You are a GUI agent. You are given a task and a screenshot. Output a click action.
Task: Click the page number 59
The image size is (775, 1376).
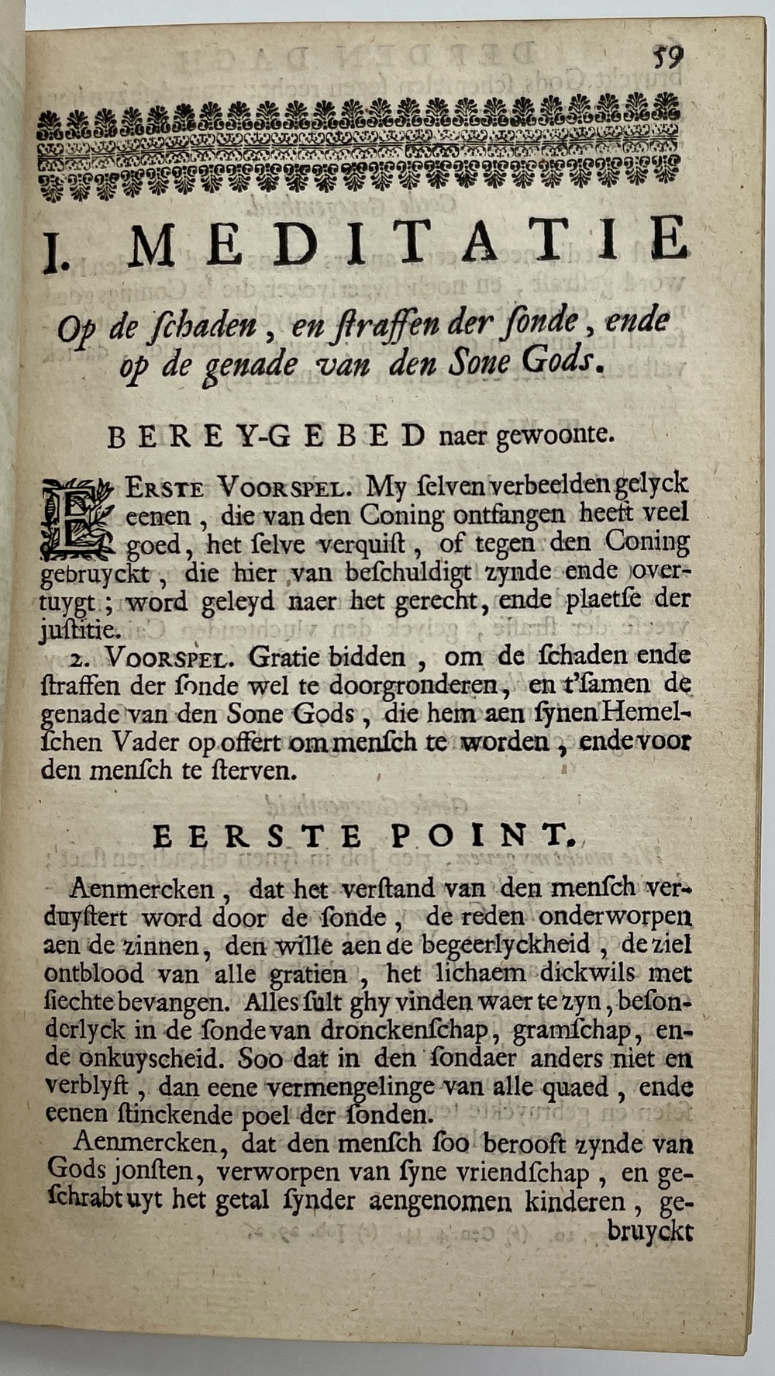point(666,58)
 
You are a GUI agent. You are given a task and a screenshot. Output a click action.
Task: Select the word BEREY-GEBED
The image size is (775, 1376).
point(265,437)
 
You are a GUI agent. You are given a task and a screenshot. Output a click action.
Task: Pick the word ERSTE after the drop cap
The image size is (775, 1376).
point(165,489)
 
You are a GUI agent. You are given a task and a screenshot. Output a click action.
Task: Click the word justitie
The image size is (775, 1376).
point(79,629)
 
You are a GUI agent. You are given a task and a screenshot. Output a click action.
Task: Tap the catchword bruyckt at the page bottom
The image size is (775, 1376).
point(649,1233)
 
